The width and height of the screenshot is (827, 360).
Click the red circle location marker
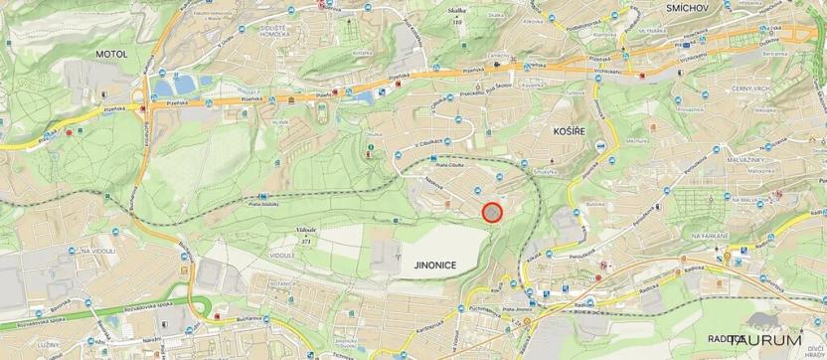click(x=492, y=211)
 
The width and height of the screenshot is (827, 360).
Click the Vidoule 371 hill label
click(x=306, y=233)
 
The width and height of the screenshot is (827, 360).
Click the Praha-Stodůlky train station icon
click(x=260, y=197)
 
